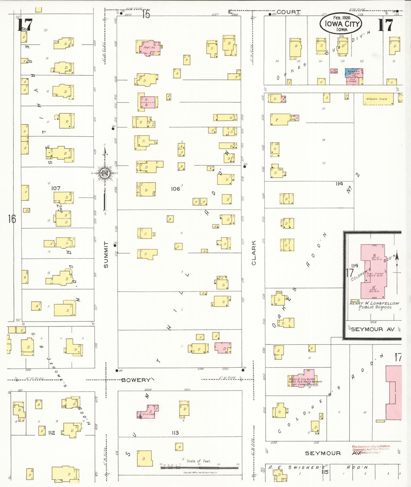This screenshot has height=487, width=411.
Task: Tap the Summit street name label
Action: coord(106,255)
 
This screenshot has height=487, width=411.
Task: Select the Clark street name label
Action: coord(254,253)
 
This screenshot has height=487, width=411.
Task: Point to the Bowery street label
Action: coord(135,380)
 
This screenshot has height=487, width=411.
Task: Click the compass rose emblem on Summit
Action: coord(105,172)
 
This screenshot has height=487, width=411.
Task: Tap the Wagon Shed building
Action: coord(378,99)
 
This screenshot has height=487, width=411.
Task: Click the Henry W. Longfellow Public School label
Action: coord(374,305)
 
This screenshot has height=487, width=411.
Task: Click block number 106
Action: coord(175,189)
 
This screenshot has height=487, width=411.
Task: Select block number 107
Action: coord(56,188)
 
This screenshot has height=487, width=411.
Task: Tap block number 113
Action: coord(175,433)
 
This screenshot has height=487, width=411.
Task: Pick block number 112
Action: coord(51,433)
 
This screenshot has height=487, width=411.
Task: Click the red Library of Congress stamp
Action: coord(371,449)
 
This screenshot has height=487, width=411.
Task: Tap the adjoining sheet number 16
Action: coord(12,219)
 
